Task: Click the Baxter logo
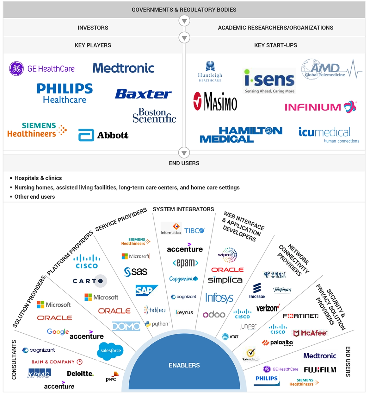(x=143, y=94)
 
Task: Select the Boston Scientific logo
(x=154, y=116)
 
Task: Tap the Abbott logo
(x=103, y=135)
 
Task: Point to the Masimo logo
(x=215, y=101)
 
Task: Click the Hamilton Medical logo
(x=241, y=135)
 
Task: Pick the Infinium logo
(x=320, y=107)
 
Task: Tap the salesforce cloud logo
(x=110, y=350)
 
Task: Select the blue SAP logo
(x=146, y=291)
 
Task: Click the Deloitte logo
(x=80, y=374)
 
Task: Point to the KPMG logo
(x=39, y=374)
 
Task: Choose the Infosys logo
(x=219, y=298)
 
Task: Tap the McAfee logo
(x=310, y=333)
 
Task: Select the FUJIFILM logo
(x=320, y=370)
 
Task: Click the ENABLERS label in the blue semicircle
(x=184, y=365)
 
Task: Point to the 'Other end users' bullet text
(x=34, y=197)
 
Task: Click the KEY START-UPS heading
(x=275, y=45)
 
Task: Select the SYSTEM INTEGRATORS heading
(x=183, y=209)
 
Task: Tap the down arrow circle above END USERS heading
(x=184, y=153)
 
